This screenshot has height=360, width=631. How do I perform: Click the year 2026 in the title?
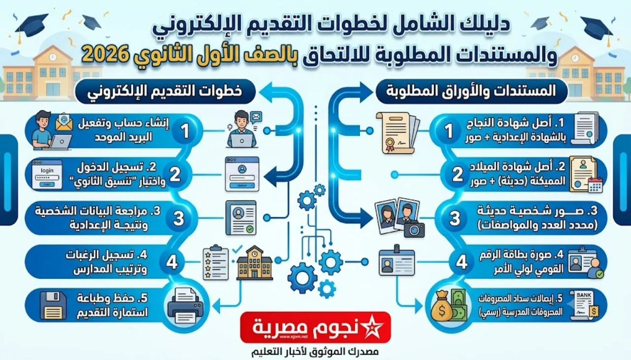(x=103, y=55)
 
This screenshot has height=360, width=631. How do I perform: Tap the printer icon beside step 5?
(x=185, y=305)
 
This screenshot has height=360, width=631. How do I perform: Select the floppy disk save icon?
(x=53, y=305)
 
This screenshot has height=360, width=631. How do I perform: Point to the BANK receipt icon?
(x=584, y=305)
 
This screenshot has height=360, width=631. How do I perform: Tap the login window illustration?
(x=47, y=175)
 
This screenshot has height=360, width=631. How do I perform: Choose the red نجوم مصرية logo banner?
(x=315, y=327)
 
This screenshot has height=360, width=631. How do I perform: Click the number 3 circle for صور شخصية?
(x=455, y=218)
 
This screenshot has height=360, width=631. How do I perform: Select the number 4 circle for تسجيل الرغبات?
(x=172, y=262)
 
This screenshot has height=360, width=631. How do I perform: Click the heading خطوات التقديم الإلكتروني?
(x=165, y=92)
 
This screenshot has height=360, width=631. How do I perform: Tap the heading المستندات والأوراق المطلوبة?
(x=471, y=91)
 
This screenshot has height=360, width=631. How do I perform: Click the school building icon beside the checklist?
(x=255, y=263)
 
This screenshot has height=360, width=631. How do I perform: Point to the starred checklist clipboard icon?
(x=215, y=262)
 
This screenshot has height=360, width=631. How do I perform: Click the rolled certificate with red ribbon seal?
(x=398, y=133)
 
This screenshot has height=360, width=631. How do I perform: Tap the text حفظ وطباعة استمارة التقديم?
(x=113, y=305)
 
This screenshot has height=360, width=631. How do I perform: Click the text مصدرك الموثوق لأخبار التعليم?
(x=315, y=352)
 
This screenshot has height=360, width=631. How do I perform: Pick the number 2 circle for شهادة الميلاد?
(x=457, y=175)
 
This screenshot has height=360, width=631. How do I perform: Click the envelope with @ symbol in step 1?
(x=64, y=122)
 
